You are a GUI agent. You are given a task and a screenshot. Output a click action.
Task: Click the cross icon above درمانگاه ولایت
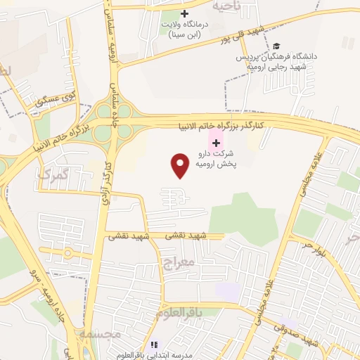point(184,13)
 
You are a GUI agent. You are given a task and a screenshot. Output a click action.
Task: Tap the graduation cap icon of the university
point(275,45)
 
